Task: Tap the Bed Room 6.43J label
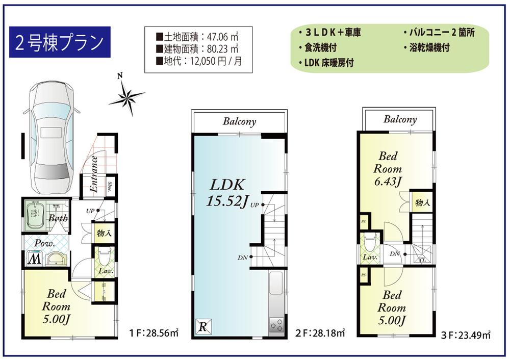tap(388, 168)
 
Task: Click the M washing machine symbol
tap(35, 259)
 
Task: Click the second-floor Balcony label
tap(239, 121)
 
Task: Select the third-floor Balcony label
tap(400, 119)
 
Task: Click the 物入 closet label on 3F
tap(423, 203)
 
